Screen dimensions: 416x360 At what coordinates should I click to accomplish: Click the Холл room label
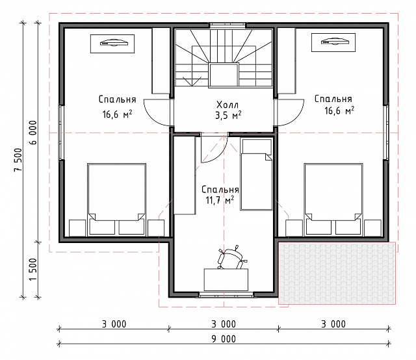(x=227, y=105)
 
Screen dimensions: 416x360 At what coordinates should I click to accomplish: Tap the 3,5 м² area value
(x=228, y=116)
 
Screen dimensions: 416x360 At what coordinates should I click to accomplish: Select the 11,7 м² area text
(x=220, y=200)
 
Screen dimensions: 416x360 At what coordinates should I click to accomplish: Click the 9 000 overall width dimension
(x=224, y=339)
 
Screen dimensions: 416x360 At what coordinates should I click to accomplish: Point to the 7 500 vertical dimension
(x=18, y=160)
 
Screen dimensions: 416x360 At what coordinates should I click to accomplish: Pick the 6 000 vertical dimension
(x=33, y=133)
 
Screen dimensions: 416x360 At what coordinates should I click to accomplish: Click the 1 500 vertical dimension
(x=33, y=270)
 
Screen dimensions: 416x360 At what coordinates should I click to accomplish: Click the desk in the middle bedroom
(x=226, y=279)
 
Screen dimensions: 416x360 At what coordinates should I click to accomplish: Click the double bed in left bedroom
(x=117, y=199)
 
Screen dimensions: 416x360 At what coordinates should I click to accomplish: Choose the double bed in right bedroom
(x=333, y=199)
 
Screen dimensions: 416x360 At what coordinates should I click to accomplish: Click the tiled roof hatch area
(x=337, y=273)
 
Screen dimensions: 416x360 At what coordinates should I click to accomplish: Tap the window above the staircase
(x=227, y=25)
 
